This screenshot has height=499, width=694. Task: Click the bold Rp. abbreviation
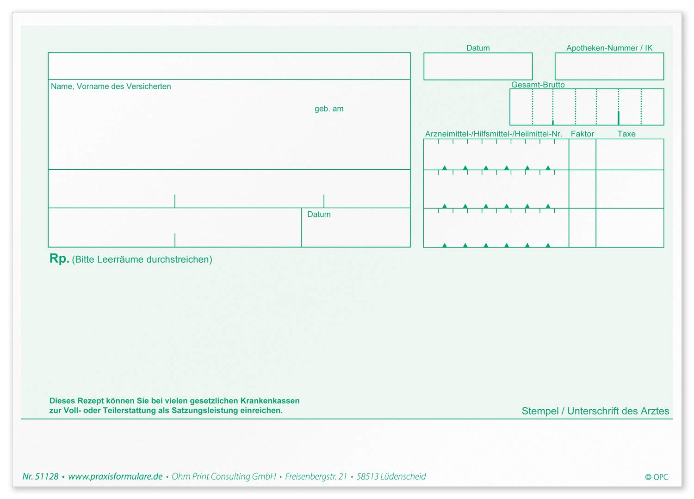click(x=59, y=259)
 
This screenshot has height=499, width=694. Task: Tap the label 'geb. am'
click(x=328, y=109)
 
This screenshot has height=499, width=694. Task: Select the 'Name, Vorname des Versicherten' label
click(x=111, y=86)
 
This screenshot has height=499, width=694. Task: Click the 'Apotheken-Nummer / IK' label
click(x=609, y=48)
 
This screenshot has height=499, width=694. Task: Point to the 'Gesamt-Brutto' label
click(x=538, y=85)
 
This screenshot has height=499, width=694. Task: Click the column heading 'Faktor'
click(x=582, y=134)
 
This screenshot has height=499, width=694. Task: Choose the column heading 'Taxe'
click(x=626, y=134)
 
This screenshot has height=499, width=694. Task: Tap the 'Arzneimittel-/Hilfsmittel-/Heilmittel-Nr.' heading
click(x=494, y=134)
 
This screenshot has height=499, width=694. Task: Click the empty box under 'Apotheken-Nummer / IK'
click(x=609, y=66)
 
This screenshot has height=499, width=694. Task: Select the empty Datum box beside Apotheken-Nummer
click(x=478, y=66)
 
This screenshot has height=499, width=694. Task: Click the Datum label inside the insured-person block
click(x=319, y=214)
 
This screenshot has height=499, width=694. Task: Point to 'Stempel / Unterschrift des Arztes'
click(x=595, y=411)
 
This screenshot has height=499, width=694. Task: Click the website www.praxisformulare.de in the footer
click(x=115, y=476)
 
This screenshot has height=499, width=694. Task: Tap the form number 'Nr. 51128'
click(x=40, y=476)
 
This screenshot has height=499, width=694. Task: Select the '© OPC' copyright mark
click(x=657, y=477)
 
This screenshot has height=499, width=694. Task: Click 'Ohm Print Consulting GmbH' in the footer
click(x=223, y=476)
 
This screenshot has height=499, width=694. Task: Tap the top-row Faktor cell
click(x=582, y=154)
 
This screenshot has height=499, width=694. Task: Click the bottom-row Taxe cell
click(x=630, y=228)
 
